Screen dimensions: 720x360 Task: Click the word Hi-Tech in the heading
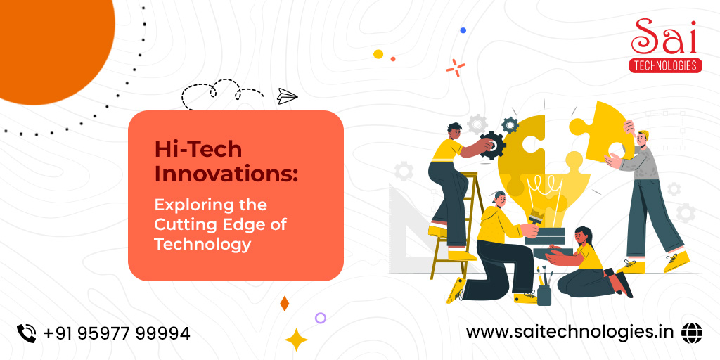(x=198, y=149)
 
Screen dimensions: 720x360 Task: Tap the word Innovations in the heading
(x=226, y=174)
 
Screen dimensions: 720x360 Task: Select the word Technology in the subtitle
(x=202, y=245)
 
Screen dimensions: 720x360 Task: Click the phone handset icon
(x=27, y=333)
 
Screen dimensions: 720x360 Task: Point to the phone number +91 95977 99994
(x=117, y=333)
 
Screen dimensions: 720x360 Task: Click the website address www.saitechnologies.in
(x=570, y=332)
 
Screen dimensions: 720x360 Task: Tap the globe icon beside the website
(x=692, y=333)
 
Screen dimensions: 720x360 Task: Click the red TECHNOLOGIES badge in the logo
(x=665, y=65)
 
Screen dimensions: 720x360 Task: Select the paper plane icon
(x=287, y=96)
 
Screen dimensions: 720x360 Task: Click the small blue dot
(x=463, y=30)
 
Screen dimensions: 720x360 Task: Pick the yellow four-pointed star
(x=296, y=340)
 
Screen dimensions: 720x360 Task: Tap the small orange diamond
(x=284, y=304)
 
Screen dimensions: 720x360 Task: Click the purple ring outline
(x=321, y=318)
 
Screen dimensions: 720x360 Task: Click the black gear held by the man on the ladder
(x=493, y=146)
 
